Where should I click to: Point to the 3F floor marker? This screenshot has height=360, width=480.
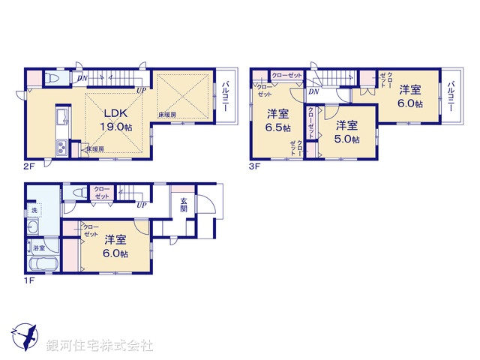click(x=254, y=166)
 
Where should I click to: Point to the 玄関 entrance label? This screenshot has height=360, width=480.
click(x=184, y=205)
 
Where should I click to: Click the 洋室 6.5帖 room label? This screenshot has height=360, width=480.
click(x=278, y=120)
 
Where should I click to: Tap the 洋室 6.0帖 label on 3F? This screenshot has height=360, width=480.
click(x=409, y=97)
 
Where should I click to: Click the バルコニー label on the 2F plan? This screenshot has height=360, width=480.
click(x=226, y=97)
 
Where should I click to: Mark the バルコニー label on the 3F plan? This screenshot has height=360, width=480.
click(x=451, y=96)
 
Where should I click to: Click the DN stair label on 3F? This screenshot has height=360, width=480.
click(x=312, y=91)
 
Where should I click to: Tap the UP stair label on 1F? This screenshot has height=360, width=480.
click(x=142, y=204)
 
